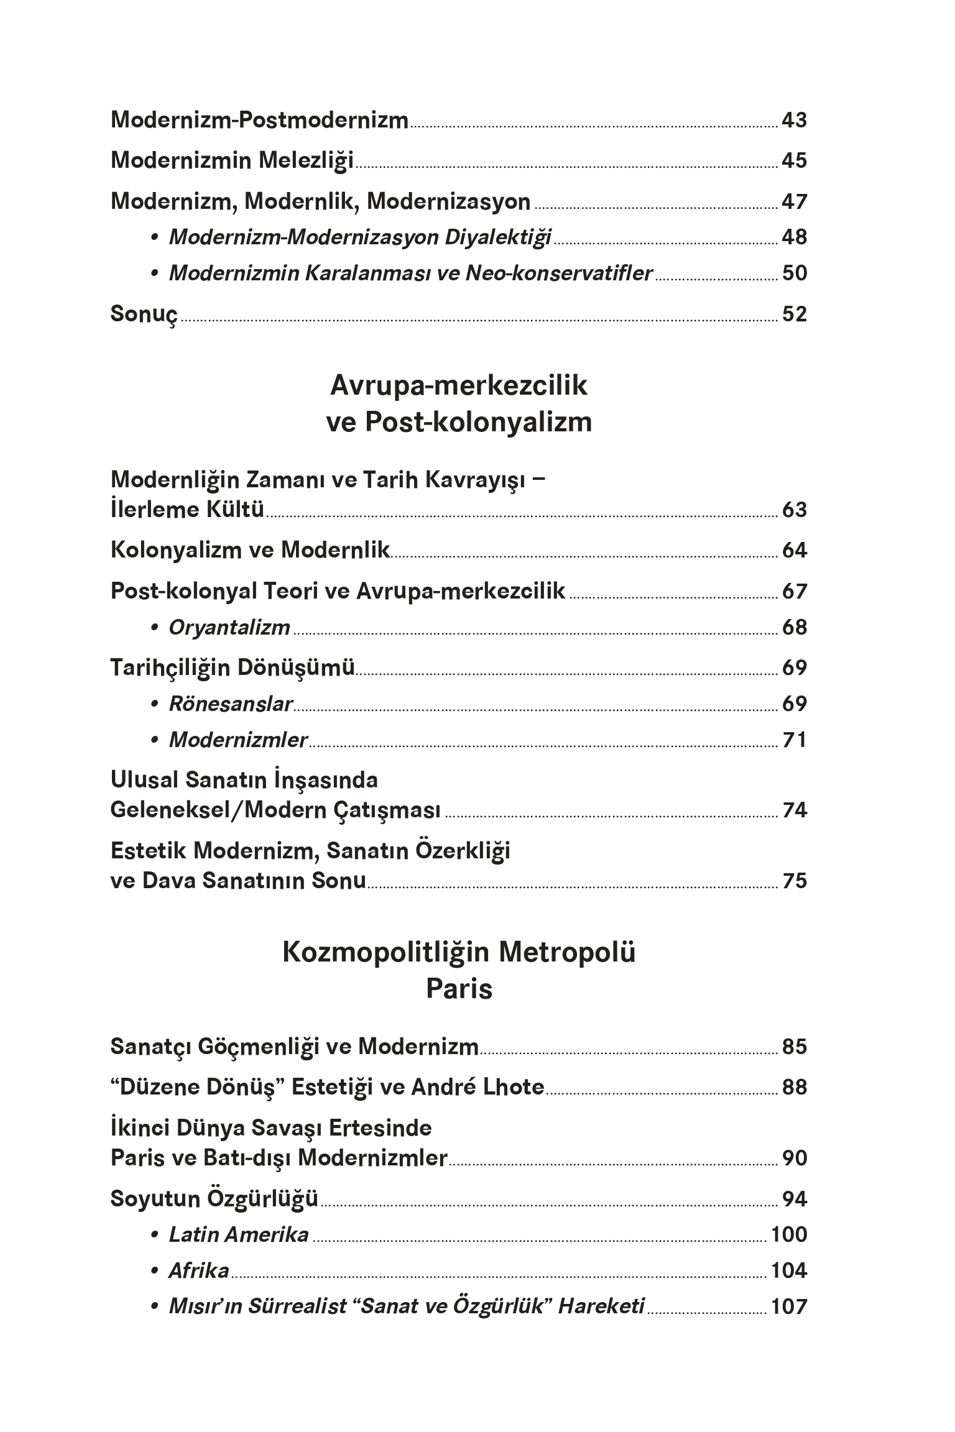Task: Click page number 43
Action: coord(794,119)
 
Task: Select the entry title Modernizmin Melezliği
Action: coord(232,160)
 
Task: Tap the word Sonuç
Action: coord(144,314)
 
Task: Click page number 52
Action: coord(794,314)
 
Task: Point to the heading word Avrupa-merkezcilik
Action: coord(458,385)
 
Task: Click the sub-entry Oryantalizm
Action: coord(229,628)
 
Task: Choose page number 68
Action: coord(794,627)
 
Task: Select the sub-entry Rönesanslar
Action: coord(231,704)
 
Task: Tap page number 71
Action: coord(794,740)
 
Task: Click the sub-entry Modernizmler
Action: coord(238,740)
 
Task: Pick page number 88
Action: coord(794,1087)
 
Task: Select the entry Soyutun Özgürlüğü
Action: coord(214,1198)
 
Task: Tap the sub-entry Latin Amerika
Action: coord(239,1234)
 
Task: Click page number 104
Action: coord(788,1270)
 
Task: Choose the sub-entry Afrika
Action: coord(199,1270)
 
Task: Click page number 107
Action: coord(788,1306)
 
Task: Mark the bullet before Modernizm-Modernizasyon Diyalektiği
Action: coord(154,237)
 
